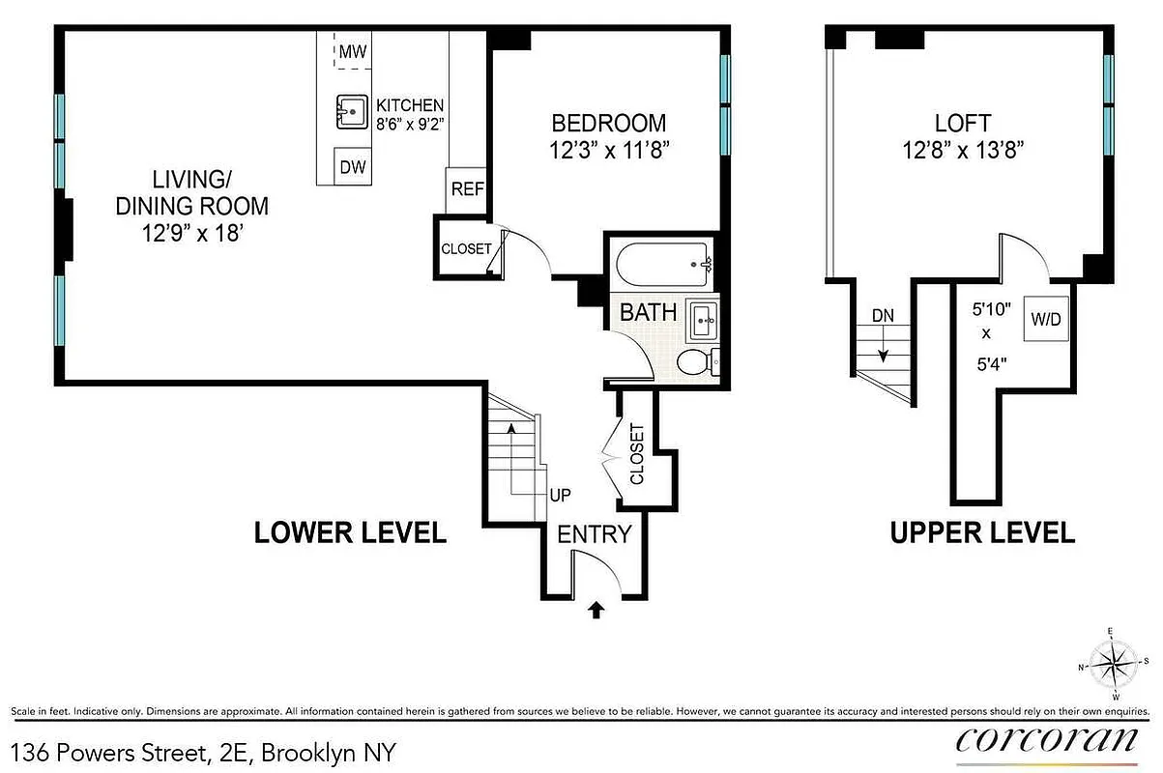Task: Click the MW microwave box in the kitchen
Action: coord(353,51)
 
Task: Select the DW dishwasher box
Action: coord(353,167)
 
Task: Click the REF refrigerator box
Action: coord(467,189)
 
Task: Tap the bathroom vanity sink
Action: coord(702,320)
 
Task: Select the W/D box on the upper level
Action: coord(1046,320)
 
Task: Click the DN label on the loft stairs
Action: coord(883,315)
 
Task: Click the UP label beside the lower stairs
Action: coord(560,496)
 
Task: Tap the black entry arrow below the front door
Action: coord(596,610)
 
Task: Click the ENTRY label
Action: coord(594,533)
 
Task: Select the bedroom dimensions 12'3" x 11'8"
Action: coord(609,151)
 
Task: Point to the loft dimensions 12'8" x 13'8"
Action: coord(962,150)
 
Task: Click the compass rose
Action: coord(1112,664)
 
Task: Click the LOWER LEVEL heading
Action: coord(350,532)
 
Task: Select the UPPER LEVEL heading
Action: coord(982,532)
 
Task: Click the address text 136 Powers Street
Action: coord(203,752)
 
